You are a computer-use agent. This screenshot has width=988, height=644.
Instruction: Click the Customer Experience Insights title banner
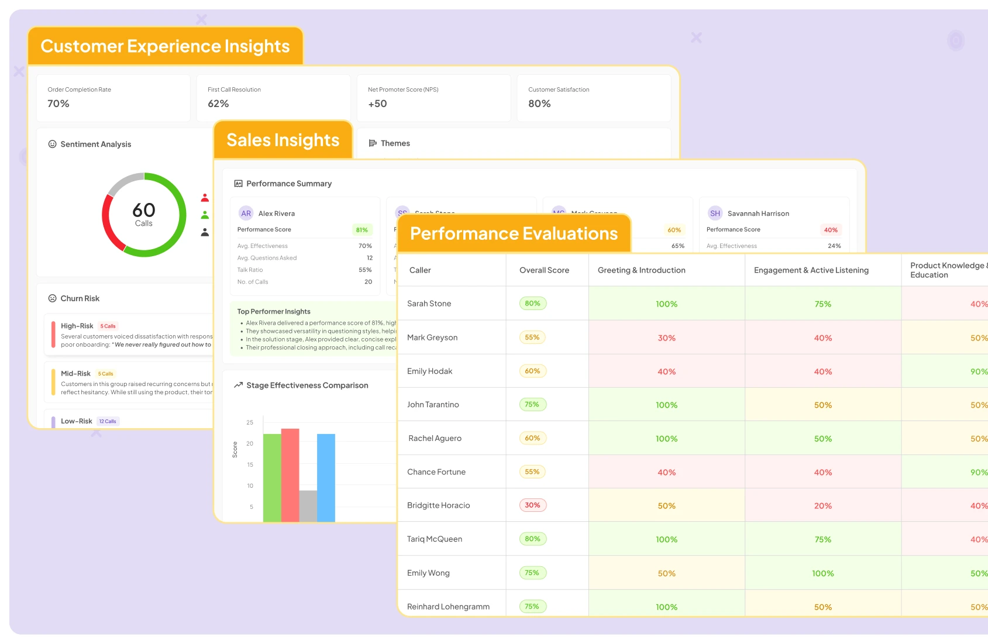(165, 46)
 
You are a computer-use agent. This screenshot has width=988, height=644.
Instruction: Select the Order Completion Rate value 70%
(58, 104)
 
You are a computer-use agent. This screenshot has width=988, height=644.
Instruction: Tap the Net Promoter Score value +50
(377, 104)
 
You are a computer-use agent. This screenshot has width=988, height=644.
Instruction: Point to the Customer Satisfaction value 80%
(539, 104)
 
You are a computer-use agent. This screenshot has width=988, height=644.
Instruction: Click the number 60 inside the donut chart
(144, 210)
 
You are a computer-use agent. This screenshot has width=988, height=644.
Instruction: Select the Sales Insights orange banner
(283, 140)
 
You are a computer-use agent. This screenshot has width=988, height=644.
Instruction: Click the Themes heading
(395, 143)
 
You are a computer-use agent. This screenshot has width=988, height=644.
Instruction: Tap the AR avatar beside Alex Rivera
(246, 213)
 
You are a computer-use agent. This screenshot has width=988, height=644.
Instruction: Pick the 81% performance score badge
(362, 230)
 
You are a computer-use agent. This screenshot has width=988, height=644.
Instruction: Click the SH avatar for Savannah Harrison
(715, 213)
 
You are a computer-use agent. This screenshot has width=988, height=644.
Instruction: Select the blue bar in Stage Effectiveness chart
(326, 477)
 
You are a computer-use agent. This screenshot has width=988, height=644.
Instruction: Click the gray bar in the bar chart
(308, 506)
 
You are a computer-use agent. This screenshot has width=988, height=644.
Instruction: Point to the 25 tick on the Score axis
(250, 422)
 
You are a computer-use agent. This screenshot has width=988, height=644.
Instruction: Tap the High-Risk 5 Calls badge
(108, 326)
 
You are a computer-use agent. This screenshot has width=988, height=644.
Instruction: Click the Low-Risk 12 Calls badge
(108, 421)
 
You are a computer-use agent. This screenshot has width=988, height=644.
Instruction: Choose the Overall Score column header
(544, 270)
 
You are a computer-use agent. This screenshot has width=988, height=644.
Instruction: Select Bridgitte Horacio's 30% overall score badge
(532, 505)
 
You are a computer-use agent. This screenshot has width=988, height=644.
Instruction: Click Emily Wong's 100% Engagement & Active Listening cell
(822, 573)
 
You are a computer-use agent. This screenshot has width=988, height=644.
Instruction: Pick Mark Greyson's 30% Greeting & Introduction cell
(666, 338)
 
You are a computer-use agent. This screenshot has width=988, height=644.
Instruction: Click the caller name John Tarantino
(433, 405)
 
